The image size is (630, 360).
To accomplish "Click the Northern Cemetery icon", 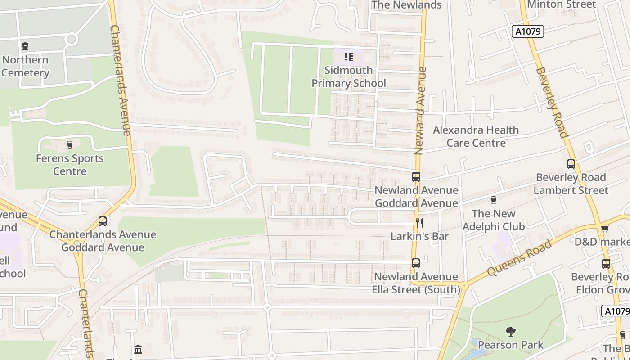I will click(25, 46).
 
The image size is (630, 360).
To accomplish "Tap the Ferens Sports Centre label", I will click(70, 165).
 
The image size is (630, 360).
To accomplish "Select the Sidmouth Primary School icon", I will click(348, 57).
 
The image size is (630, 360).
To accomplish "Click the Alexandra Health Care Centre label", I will click(476, 136).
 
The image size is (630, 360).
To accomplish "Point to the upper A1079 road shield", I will click(528, 31).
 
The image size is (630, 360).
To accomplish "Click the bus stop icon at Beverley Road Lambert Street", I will click(571, 164).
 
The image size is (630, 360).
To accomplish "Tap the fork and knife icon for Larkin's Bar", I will click(419, 223).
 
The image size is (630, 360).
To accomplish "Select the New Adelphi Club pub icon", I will click(494, 200).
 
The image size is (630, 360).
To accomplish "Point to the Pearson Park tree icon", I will click(510, 332).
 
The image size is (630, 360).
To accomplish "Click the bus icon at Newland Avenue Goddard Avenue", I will click(416, 177).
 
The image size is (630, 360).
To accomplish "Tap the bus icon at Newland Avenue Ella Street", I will click(416, 263).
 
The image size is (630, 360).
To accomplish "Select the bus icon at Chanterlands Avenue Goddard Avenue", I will click(103, 221).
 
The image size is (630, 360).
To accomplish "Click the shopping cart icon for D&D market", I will click(605, 229).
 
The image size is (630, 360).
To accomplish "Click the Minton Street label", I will click(561, 4).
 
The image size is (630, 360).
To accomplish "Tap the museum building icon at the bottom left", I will click(138, 349).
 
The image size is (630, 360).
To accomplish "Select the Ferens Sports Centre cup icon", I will click(70, 145).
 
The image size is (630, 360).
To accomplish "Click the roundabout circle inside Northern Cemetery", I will click(71, 39).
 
